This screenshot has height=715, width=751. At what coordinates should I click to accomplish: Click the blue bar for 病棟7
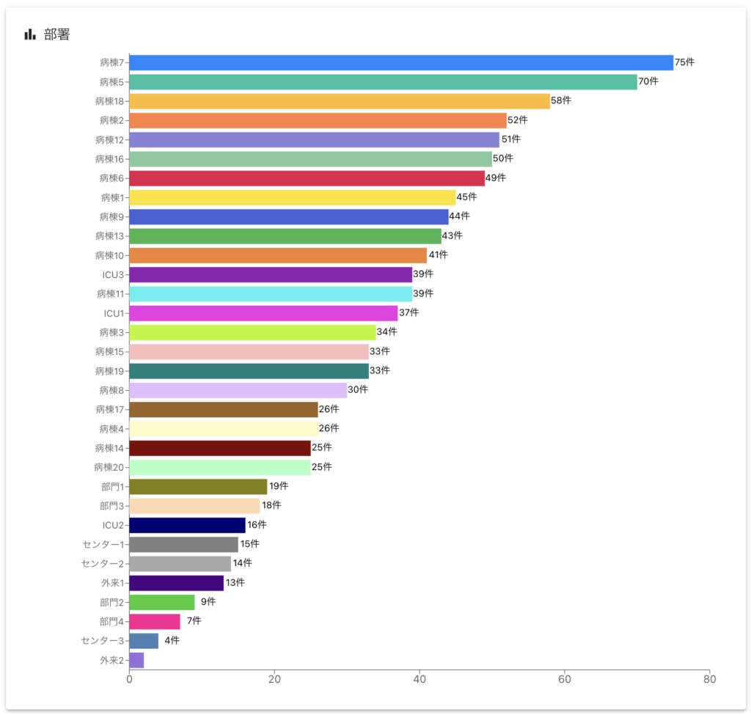point(401,62)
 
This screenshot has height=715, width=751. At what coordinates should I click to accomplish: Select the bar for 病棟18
point(340,101)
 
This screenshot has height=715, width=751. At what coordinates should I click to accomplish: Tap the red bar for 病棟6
point(307,178)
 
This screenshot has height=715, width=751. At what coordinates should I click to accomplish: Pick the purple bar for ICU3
point(271,275)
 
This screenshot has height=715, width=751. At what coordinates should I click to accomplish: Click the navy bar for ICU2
point(188,525)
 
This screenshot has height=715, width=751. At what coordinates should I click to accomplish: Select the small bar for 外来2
point(137,660)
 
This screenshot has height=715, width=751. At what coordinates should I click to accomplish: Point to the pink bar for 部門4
point(155,622)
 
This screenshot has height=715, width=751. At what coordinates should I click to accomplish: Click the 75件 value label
point(684,62)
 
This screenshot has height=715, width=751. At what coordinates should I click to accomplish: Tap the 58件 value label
point(561,100)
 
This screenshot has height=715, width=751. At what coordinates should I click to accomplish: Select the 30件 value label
point(358,389)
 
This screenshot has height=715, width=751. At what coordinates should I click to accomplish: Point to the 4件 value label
point(172,640)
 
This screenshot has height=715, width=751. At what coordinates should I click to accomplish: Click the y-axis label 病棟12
point(110,139)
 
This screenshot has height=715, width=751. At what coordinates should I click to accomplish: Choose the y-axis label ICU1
point(114,313)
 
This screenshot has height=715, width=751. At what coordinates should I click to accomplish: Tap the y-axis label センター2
point(103,564)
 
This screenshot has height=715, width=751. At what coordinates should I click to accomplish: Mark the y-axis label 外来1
point(112,583)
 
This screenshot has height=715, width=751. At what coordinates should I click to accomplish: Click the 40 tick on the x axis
point(420,679)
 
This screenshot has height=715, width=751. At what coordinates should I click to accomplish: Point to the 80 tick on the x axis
point(709,679)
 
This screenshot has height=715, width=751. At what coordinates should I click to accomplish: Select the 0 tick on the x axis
point(130,679)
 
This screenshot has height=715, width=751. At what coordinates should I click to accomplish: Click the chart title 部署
point(57,34)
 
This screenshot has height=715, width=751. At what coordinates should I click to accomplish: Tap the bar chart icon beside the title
point(30,34)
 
